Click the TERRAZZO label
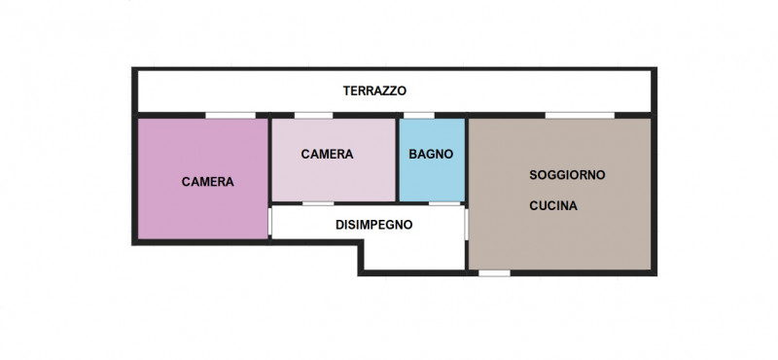[x=374, y=91]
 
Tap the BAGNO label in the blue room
[x=431, y=154]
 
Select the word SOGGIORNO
[x=567, y=175]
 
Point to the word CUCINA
[x=554, y=206]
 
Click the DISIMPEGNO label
[x=374, y=224]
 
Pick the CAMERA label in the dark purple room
[x=208, y=181]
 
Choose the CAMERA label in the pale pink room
[x=327, y=154]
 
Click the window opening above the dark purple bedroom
[x=223, y=116]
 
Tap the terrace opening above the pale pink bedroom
[x=313, y=116]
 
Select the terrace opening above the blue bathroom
[x=419, y=116]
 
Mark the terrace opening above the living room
[x=571, y=116]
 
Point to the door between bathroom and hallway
[x=442, y=203]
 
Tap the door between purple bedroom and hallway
[x=269, y=222]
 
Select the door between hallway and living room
[x=467, y=225]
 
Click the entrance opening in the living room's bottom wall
[x=495, y=272]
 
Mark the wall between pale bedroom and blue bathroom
[x=399, y=160]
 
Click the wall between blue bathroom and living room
[x=466, y=160]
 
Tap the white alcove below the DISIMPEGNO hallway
[x=413, y=255]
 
